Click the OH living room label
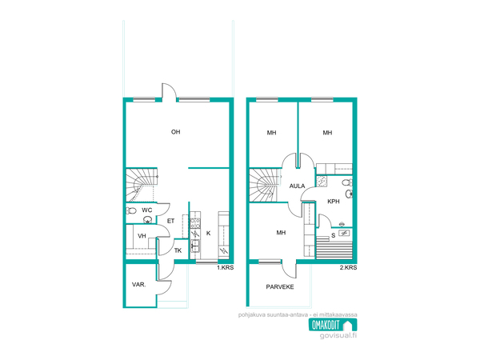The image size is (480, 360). (x=176, y=132)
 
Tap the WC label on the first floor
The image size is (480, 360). (x=147, y=210)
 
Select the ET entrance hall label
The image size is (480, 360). (x=171, y=221)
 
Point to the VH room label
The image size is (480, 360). (x=142, y=236)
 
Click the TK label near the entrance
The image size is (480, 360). (x=178, y=250)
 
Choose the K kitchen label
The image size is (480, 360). (x=209, y=234)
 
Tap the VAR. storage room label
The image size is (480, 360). (x=138, y=284)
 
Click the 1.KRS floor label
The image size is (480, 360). (x=226, y=267)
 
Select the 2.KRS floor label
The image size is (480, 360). (x=348, y=267)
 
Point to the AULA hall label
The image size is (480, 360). (x=298, y=186)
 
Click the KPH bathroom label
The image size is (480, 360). (x=334, y=202)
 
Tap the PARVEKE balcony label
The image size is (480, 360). (x=280, y=287)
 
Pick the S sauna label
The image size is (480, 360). (x=334, y=235)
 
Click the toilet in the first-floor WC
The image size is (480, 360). (x=131, y=210)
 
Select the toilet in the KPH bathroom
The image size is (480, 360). (x=347, y=182)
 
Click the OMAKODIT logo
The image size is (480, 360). (x=333, y=325)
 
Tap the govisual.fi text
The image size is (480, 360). (x=338, y=335)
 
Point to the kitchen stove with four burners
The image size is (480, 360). (x=195, y=223)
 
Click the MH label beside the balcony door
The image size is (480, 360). (x=281, y=233)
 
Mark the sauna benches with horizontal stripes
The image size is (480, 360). (x=334, y=248)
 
